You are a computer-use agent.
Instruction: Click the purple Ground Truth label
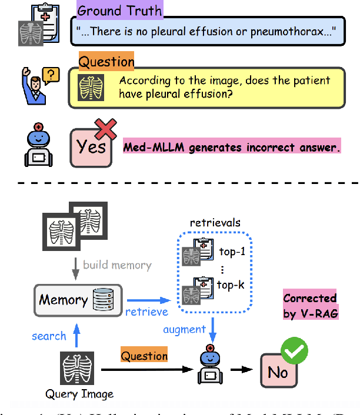click(120, 11)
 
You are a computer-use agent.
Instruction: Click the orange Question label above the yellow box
click(106, 61)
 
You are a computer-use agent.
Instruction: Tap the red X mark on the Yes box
click(106, 130)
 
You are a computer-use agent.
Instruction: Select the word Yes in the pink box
click(91, 146)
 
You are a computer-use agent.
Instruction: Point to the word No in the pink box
click(278, 372)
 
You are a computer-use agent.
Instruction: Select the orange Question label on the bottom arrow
click(144, 356)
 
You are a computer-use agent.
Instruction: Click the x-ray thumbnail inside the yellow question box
click(91, 88)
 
